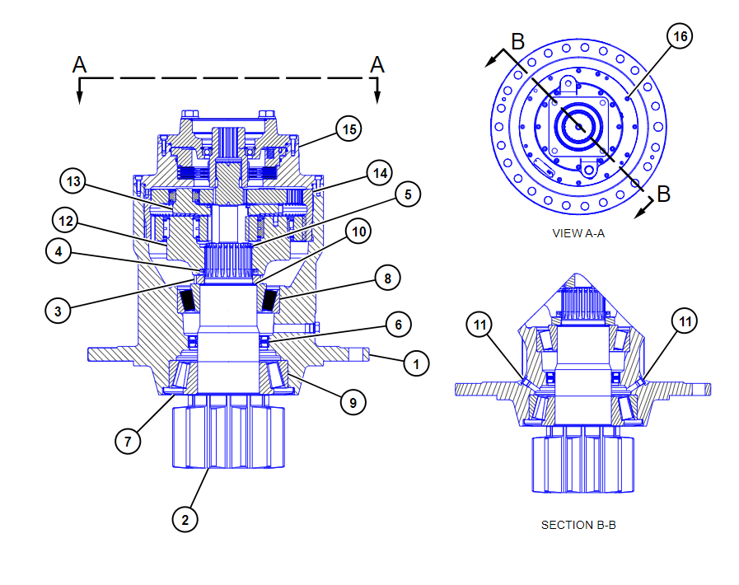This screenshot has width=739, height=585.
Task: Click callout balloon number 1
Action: [x=417, y=363]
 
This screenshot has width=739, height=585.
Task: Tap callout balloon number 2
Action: [x=185, y=519]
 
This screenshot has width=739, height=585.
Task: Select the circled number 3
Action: [x=58, y=311]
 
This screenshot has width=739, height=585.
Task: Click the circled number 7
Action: [x=127, y=441]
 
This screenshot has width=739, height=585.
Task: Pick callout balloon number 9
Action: [x=353, y=402]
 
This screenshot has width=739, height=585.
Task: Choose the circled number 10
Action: [x=358, y=232]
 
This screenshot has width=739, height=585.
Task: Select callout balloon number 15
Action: [x=349, y=129]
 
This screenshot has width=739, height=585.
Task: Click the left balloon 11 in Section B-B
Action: [x=480, y=324]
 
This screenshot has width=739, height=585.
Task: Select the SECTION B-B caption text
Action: [x=578, y=525]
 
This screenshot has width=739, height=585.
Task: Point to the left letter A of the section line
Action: [x=80, y=64]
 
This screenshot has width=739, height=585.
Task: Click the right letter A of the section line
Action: [x=377, y=64]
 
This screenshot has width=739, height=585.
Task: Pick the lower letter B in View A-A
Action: [x=663, y=194]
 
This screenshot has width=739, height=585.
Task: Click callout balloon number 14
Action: [x=380, y=174]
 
